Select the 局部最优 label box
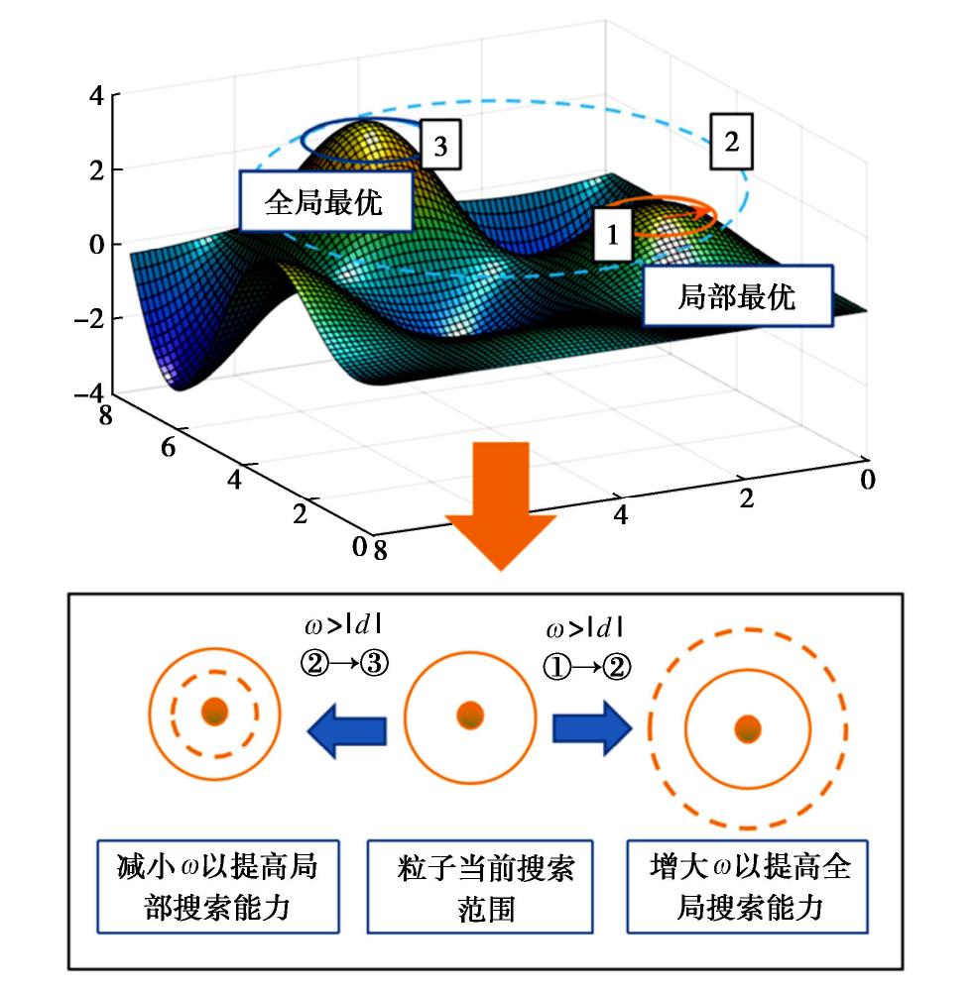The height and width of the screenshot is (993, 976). click(737, 296)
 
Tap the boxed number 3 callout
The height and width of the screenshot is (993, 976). click(440, 146)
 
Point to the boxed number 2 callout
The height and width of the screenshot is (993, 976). click(731, 142)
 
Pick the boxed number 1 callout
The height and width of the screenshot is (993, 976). click(613, 235)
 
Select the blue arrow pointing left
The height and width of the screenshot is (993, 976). click(347, 731)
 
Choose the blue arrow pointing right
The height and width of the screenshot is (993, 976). click(591, 731)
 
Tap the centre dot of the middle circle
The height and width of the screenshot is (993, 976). click(470, 714)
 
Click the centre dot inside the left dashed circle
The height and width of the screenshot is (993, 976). click(214, 711)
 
